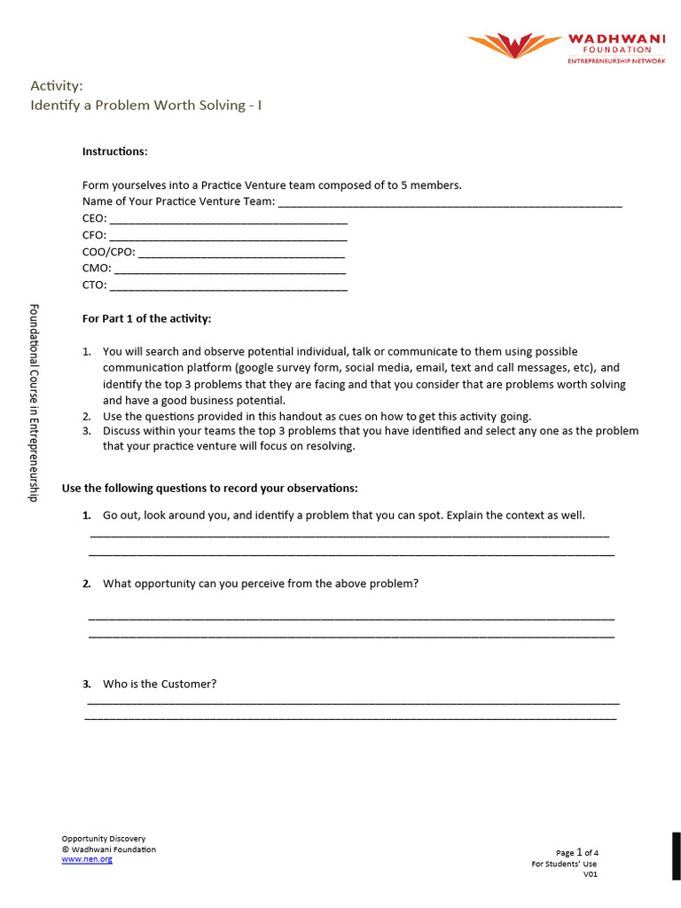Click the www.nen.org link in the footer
[x=87, y=859]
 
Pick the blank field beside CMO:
[x=230, y=270]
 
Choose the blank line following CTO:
[x=229, y=286]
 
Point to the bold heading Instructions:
[x=115, y=152]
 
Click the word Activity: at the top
[x=57, y=86]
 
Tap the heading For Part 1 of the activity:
[x=147, y=318]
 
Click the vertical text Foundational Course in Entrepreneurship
[x=34, y=403]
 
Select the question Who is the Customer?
[x=160, y=684]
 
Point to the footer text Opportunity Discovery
[x=103, y=838]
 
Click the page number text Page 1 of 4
[x=577, y=853]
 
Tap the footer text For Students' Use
[x=564, y=864]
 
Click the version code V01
[x=591, y=874]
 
